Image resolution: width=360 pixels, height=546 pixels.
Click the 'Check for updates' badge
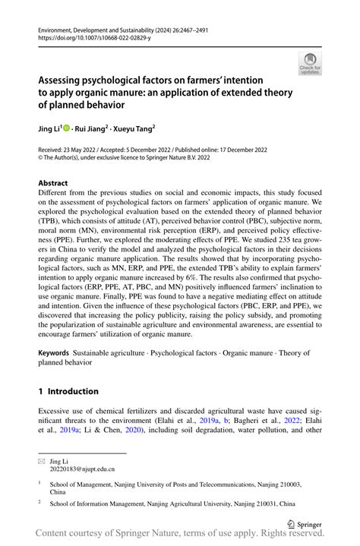[309, 63]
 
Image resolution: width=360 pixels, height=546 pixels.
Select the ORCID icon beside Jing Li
[69, 129]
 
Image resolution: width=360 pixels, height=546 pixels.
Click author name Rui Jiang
[96, 129]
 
